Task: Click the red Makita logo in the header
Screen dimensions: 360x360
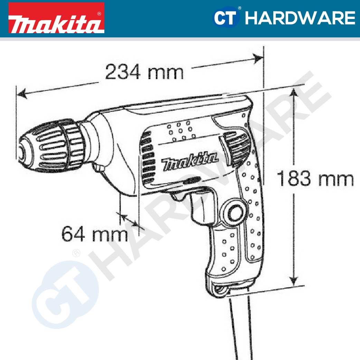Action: pyautogui.click(x=56, y=18)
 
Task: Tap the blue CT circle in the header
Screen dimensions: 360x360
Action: pyautogui.click(x=226, y=18)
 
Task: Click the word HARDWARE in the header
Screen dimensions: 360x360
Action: pyautogui.click(x=300, y=18)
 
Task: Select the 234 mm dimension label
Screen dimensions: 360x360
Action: pyautogui.click(x=144, y=72)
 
